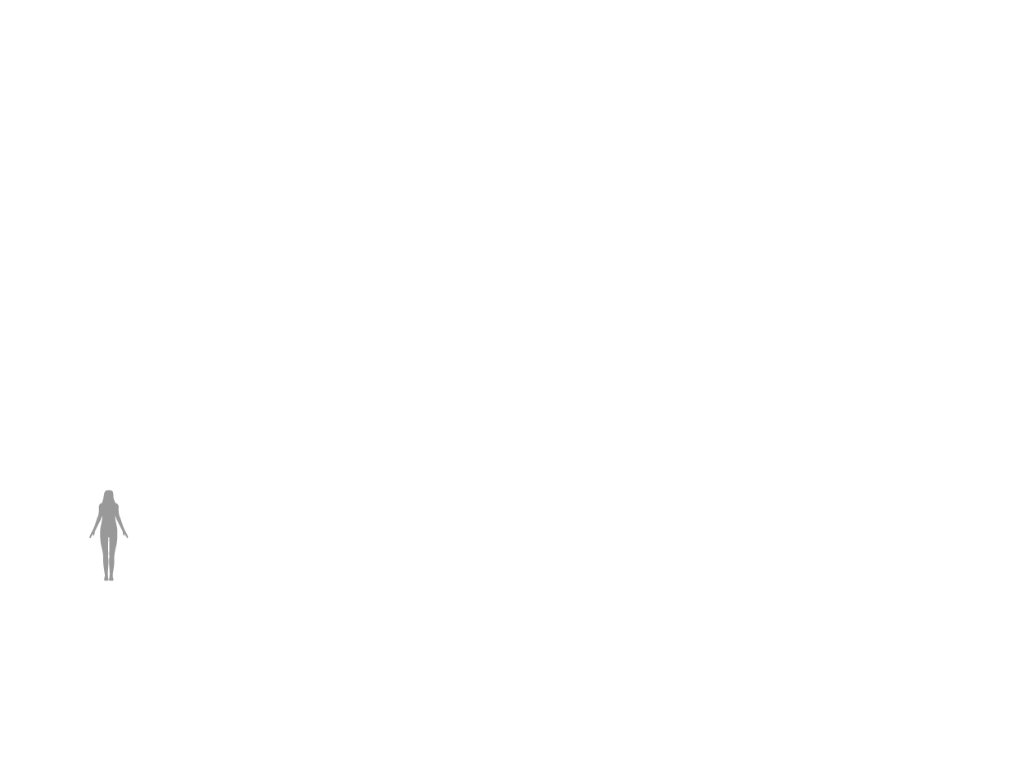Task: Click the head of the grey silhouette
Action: tap(108, 495)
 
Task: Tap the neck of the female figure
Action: tap(108, 501)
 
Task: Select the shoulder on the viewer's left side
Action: tap(102, 506)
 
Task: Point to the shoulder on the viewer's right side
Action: tap(116, 506)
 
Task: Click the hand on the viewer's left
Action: tap(91, 535)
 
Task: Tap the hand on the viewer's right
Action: tap(126, 535)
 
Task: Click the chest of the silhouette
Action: tap(108, 511)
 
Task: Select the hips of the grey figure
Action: tap(108, 532)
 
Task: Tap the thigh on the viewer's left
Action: tap(104, 544)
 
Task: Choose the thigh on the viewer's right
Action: tap(113, 544)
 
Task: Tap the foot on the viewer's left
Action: tap(106, 578)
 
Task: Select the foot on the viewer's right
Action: tap(111, 578)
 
